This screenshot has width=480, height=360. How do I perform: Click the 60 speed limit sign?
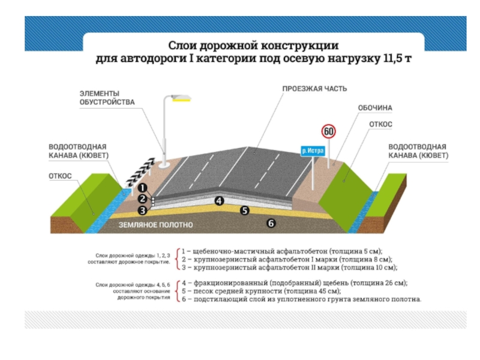click(328, 131)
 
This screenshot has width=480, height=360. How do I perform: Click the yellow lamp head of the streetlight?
click(179, 98)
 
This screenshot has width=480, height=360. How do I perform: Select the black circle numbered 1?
click(143, 187)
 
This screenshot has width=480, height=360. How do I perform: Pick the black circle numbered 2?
click(143, 199)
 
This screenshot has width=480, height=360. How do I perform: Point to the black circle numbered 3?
click(143, 210)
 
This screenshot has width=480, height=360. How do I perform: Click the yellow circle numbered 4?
click(220, 201)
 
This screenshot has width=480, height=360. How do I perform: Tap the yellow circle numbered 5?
click(244, 210)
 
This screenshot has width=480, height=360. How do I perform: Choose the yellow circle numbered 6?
click(271, 223)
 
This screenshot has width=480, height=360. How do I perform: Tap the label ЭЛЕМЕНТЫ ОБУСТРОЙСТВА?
click(100, 97)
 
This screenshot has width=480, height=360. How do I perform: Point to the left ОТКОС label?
click(60, 176)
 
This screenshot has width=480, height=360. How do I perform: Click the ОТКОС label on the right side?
click(380, 124)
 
